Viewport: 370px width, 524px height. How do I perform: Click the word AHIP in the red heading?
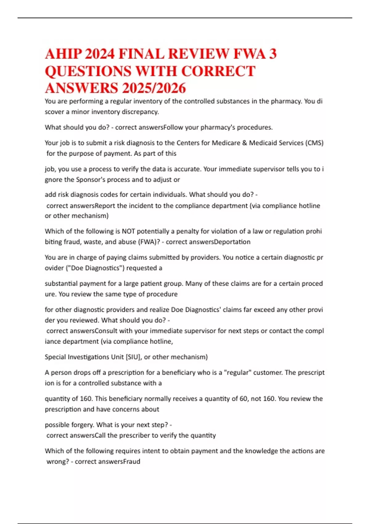pyautogui.click(x=63, y=54)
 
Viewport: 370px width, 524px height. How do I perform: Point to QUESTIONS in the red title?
pyautogui.click(x=88, y=71)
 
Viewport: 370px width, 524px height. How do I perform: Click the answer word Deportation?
pyautogui.click(x=232, y=242)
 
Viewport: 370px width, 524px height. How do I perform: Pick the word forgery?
pyautogui.click(x=83, y=425)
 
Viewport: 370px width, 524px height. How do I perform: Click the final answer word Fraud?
pyautogui.click(x=131, y=462)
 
